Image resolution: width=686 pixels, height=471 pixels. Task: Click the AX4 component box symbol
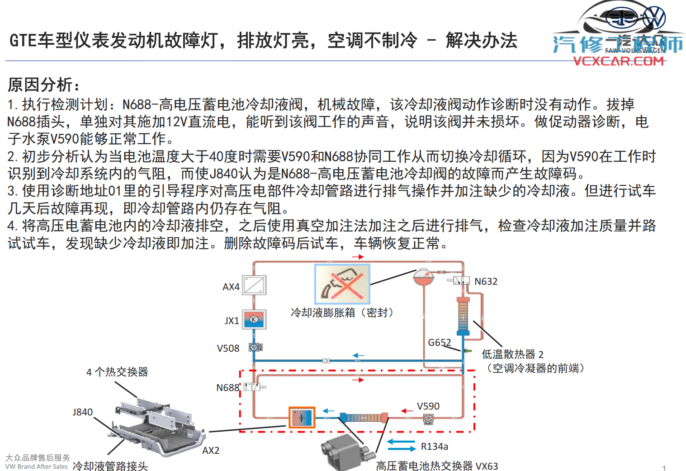[254, 285]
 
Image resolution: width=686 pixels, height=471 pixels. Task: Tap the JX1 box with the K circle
[254, 319]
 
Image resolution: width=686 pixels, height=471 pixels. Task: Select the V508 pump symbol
[255, 347]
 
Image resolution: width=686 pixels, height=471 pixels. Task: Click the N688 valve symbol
[252, 387]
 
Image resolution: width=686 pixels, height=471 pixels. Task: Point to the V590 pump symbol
[428, 419]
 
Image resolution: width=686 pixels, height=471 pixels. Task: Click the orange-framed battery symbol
[302, 417]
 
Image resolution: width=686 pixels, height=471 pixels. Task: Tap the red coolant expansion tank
[423, 277]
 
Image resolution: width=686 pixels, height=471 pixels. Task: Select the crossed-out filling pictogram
[342, 284]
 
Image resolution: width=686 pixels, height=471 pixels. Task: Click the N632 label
[486, 282]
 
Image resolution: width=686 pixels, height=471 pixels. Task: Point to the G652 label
[439, 343]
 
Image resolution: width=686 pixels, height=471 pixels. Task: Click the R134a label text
[434, 447]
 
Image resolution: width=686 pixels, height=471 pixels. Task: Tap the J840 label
[82, 412]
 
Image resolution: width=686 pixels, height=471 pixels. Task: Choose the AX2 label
[211, 451]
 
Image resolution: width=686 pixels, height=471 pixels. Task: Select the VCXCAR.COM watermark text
[618, 61]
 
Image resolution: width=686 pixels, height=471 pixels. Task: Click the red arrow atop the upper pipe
[358, 257]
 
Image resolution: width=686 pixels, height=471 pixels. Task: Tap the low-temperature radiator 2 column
[463, 316]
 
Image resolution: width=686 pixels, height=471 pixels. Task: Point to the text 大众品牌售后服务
[38, 458]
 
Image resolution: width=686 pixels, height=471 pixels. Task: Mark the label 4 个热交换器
[117, 372]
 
